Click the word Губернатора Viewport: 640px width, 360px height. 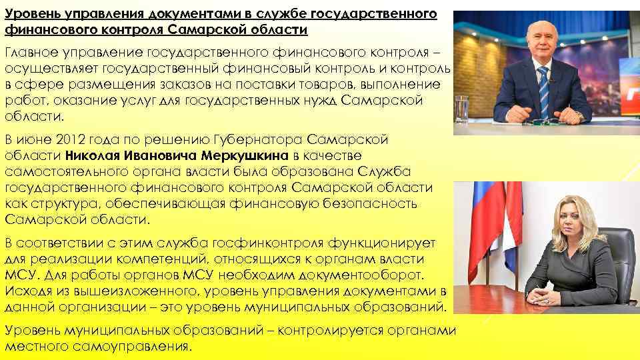pyautogui.click(x=265, y=139)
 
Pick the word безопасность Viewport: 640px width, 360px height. pyautogui.click(x=374, y=203)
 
